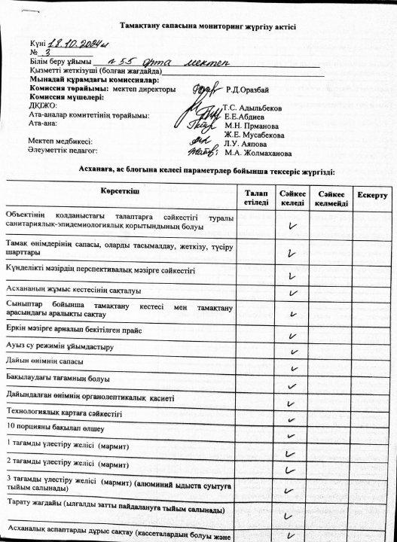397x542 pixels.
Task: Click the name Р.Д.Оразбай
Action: click(x=247, y=90)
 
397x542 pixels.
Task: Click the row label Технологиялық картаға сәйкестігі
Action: click(x=64, y=413)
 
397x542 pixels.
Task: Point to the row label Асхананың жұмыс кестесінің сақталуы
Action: click(x=74, y=289)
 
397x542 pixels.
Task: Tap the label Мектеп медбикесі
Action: click(x=60, y=141)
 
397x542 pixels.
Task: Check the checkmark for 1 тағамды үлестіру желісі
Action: click(x=291, y=445)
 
